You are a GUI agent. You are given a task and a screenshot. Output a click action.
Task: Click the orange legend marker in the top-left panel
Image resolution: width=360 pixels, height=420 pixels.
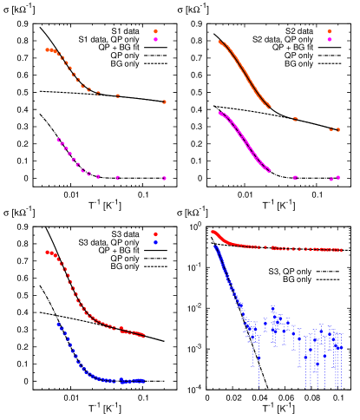[155, 31]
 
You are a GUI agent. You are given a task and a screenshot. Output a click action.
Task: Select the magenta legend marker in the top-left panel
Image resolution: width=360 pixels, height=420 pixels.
[155, 39]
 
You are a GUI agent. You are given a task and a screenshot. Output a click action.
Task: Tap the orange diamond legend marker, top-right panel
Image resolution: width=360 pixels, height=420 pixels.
[330, 31]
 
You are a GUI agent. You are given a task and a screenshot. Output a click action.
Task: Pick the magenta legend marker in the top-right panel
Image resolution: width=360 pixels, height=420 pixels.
[330, 39]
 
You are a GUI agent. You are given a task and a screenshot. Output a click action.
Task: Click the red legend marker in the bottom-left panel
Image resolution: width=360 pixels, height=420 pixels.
[155, 234]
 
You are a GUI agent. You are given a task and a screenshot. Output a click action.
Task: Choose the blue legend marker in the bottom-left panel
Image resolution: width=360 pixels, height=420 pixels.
[155, 242]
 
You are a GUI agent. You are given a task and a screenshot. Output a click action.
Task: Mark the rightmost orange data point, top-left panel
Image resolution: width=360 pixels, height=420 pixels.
[164, 102]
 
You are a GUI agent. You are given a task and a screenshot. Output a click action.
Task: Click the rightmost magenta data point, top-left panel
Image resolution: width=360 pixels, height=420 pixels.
[164, 178]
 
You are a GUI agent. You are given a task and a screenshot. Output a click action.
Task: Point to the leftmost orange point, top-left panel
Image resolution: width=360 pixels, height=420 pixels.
[47, 49]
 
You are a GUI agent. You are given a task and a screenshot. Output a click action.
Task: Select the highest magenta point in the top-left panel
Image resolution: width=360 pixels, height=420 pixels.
[58, 139]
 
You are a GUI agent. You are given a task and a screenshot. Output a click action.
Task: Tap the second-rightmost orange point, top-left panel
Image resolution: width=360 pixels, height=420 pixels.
[117, 95]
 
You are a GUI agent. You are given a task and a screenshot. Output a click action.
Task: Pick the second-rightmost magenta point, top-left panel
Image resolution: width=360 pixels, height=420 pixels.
[117, 178]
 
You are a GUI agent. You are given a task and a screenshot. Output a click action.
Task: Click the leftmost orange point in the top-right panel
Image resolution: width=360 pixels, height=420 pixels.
[219, 41]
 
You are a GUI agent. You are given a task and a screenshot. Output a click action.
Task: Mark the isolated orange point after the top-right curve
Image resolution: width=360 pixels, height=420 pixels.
[295, 119]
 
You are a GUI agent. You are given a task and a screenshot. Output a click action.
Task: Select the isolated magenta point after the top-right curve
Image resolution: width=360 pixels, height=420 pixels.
[295, 178]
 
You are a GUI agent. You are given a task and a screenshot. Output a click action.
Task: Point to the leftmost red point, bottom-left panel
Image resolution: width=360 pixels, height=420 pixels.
[47, 253]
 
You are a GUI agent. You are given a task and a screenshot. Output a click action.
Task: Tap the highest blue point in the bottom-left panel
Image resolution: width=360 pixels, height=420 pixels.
[58, 324]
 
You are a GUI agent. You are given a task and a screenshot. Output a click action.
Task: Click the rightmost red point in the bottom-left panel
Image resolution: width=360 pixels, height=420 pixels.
[144, 336]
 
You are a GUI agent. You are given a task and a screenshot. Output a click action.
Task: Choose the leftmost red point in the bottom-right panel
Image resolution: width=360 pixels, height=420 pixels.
[213, 232]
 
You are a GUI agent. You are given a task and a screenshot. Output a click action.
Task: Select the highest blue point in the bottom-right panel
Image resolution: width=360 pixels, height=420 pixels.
[215, 246]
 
